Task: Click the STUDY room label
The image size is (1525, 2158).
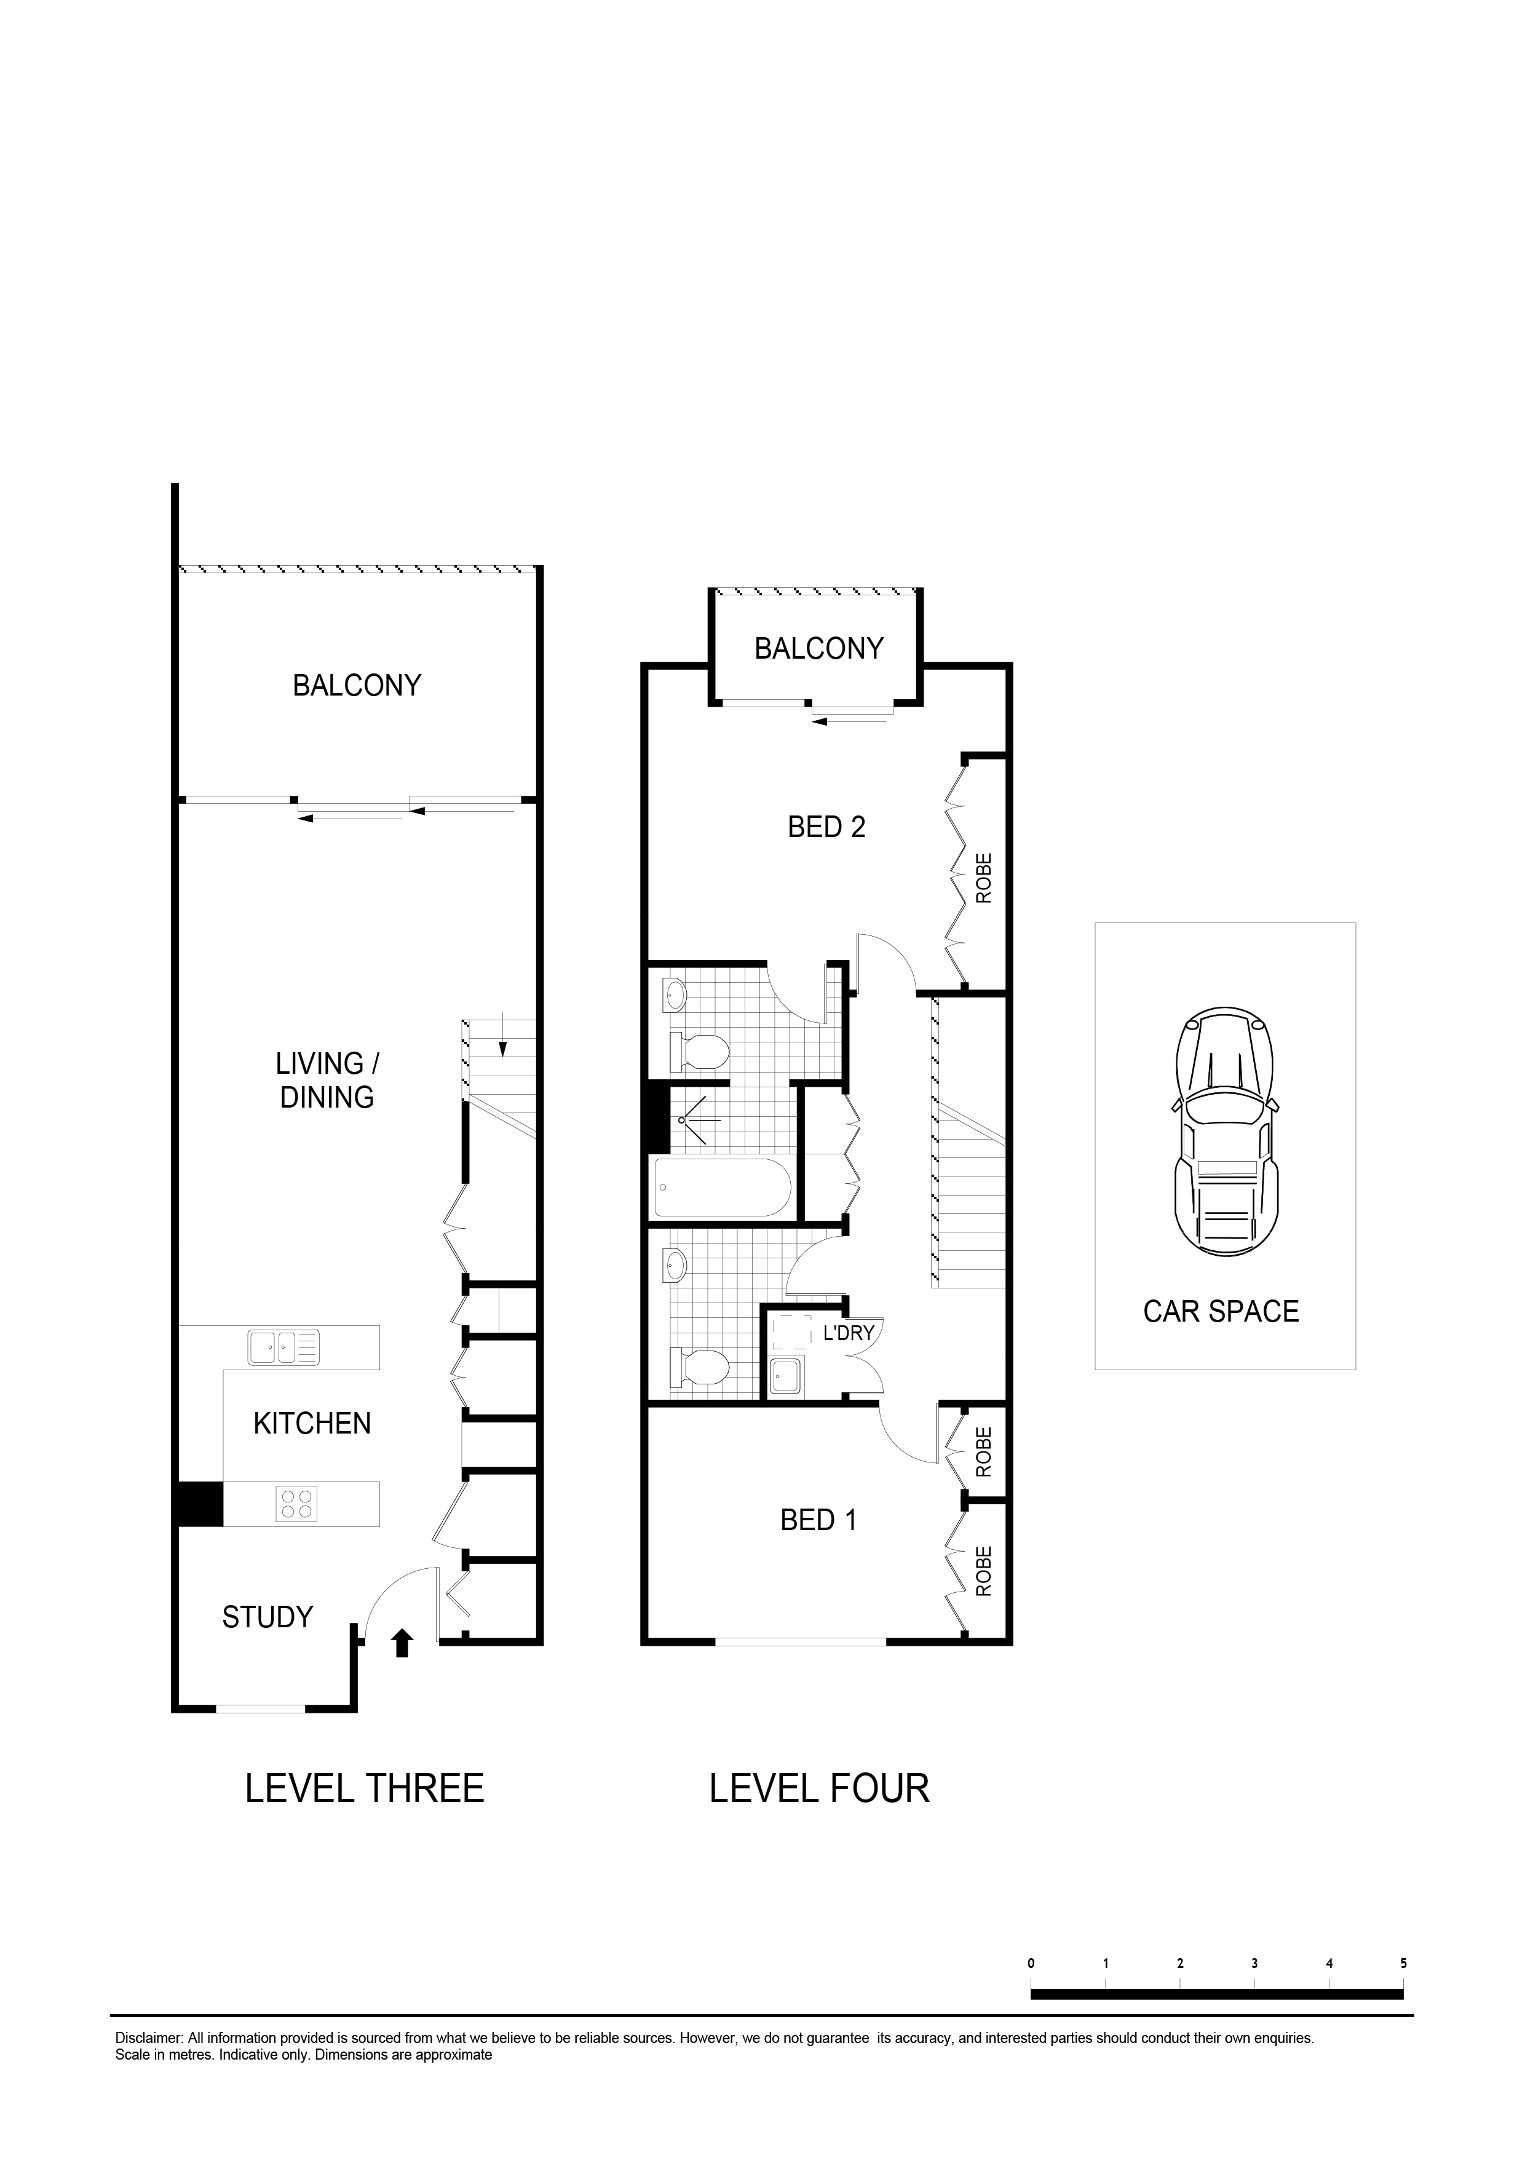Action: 267,1617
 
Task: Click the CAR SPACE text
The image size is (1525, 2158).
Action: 1221,1311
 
